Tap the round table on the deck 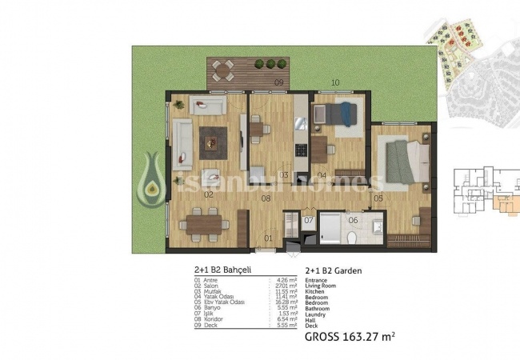click(227, 68)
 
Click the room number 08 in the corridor click(267, 197)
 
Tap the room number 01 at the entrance click(268, 238)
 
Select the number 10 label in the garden click(335, 82)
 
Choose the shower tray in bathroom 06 click(330, 228)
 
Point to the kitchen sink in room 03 click(301, 124)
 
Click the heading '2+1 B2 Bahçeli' click(222, 270)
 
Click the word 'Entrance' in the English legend click(318, 280)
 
